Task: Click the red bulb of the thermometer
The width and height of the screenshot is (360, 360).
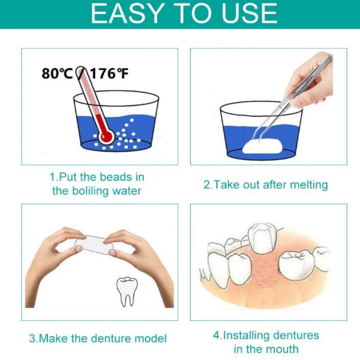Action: click(106, 135)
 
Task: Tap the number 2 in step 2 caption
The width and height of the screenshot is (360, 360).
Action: click(207, 184)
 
